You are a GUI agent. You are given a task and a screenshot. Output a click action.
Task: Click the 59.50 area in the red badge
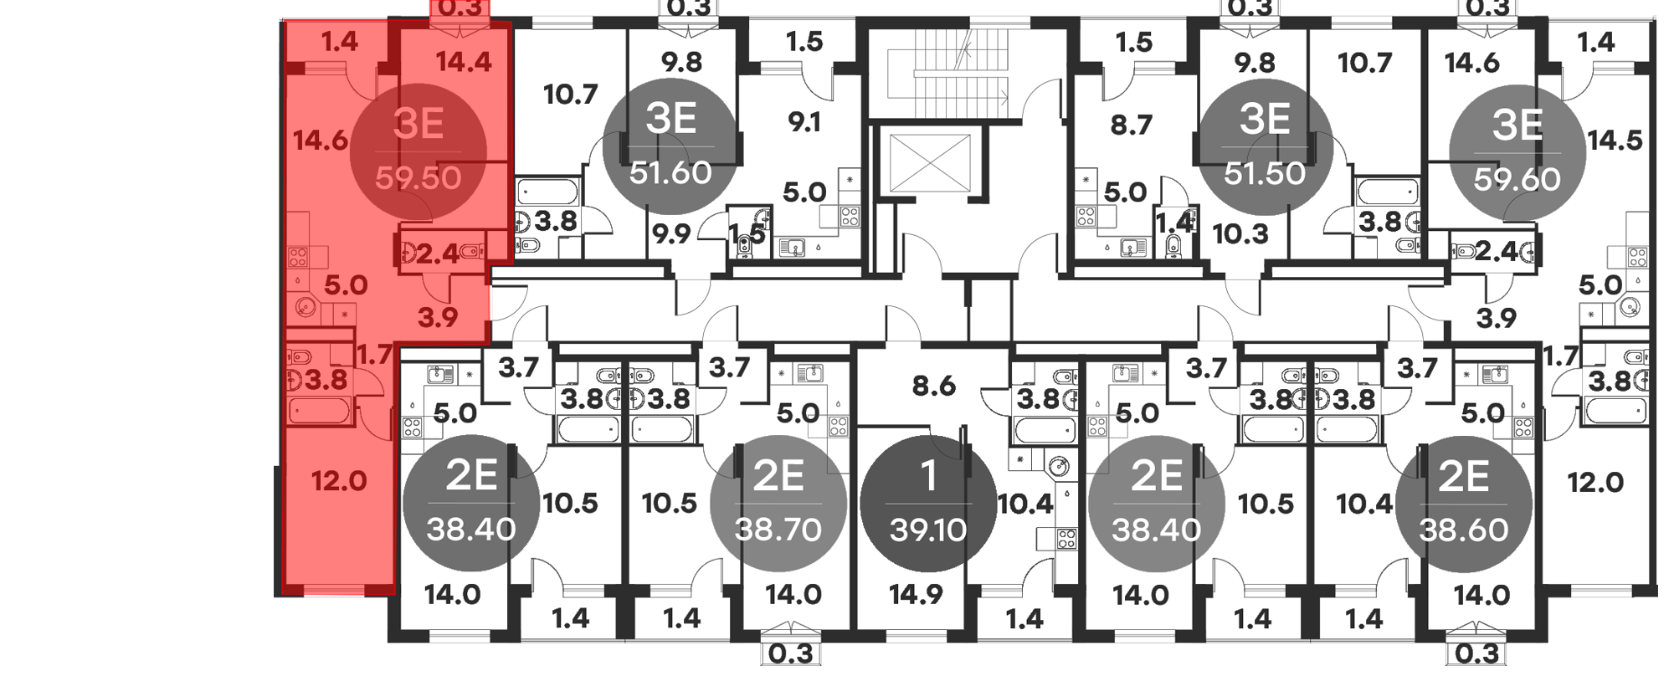click(418, 177)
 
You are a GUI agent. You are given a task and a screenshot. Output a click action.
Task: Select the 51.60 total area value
click(670, 172)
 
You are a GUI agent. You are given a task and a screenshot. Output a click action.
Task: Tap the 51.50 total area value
click(1264, 173)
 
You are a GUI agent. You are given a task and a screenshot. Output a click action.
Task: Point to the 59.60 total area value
click(1517, 179)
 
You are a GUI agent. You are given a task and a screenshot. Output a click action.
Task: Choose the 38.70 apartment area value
click(778, 530)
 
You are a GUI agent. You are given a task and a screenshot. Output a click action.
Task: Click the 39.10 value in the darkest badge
click(928, 530)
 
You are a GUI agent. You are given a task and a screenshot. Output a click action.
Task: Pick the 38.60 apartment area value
click(1464, 530)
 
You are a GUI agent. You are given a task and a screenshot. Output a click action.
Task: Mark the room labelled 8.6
click(933, 386)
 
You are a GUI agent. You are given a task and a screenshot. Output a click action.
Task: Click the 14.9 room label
click(916, 595)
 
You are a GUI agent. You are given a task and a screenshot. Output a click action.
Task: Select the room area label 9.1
click(804, 123)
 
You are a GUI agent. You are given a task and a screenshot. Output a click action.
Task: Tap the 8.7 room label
click(1132, 125)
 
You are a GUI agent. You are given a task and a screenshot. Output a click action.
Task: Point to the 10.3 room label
click(1240, 233)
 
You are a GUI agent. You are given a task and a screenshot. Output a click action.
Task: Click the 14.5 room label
click(1615, 140)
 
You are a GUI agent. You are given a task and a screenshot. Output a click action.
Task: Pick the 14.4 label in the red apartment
click(464, 62)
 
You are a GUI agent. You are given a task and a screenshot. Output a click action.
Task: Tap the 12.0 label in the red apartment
click(339, 481)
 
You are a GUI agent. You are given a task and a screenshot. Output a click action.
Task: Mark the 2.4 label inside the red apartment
click(438, 253)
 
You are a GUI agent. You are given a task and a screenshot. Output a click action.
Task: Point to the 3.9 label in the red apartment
click(438, 317)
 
